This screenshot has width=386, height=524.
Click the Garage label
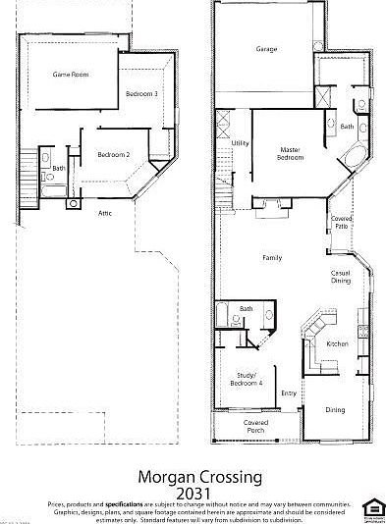(x=266, y=49)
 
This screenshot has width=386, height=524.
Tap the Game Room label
(x=71, y=75)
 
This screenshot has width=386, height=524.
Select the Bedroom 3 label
(x=142, y=93)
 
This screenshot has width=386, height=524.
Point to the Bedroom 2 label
(x=114, y=154)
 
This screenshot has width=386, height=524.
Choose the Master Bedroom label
(x=290, y=154)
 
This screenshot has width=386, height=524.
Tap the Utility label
(x=240, y=144)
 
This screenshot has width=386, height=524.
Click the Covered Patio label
(x=340, y=223)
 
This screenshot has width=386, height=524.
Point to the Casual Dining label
(x=341, y=278)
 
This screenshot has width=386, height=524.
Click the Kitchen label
(x=337, y=343)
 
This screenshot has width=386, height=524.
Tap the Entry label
(x=289, y=393)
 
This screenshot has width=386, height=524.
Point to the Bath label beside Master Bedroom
(x=347, y=127)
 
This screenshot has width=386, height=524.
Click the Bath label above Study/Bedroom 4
(x=246, y=310)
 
